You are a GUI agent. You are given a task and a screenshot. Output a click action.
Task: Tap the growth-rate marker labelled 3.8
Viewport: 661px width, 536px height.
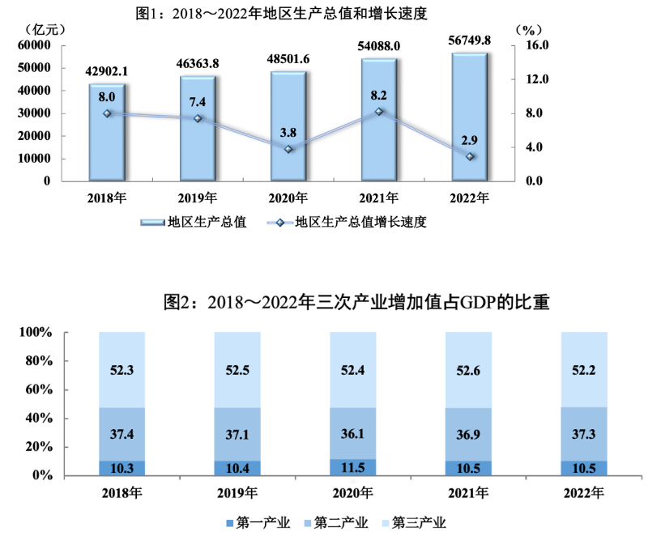pyautogui.click(x=289, y=149)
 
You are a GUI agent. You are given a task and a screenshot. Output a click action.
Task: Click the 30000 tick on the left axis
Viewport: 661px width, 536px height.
pyautogui.click(x=35, y=113)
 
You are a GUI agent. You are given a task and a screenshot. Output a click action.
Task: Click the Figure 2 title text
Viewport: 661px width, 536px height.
pyautogui.click(x=356, y=303)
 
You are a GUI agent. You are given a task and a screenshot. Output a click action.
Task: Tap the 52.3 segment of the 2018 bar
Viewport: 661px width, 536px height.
pyautogui.click(x=122, y=369)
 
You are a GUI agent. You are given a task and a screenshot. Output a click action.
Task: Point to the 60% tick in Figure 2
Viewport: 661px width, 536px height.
pyautogui.click(x=37, y=390)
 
